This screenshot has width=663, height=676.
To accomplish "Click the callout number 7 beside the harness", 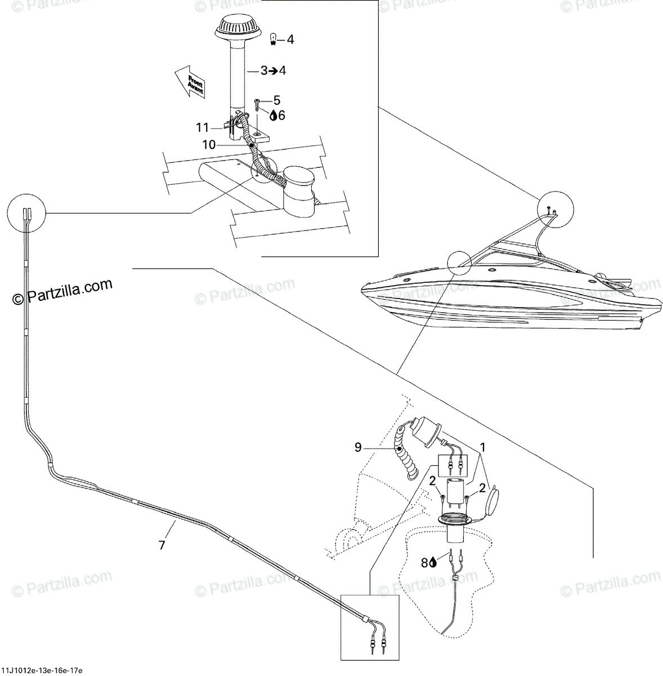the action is (162, 545).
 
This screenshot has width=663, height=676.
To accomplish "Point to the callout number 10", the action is (209, 145).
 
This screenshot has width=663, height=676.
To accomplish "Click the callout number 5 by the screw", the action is (276, 101).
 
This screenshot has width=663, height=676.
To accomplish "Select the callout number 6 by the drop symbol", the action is (281, 115).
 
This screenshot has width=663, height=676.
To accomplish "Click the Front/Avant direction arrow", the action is (190, 82).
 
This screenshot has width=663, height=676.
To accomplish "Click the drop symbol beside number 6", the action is (273, 115).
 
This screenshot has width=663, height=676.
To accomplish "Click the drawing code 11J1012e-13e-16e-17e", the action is (42, 670).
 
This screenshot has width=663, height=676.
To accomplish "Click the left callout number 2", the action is (432, 481).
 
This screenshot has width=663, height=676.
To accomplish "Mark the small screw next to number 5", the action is (257, 103).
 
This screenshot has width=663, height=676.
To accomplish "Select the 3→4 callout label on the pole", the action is (273, 71).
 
